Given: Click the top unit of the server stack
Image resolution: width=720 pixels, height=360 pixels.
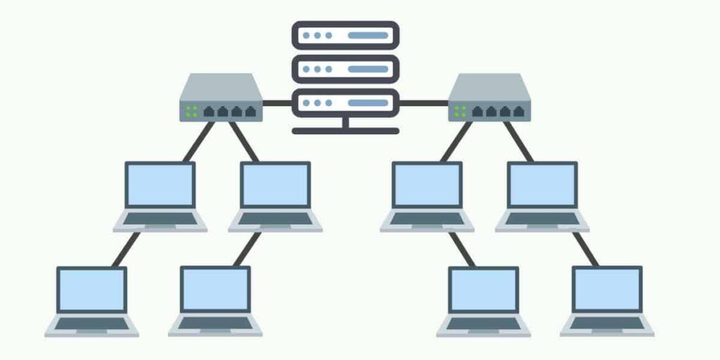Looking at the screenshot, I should pyautogui.click(x=345, y=34).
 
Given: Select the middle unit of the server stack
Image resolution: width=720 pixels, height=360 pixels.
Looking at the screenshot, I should pyautogui.click(x=345, y=69).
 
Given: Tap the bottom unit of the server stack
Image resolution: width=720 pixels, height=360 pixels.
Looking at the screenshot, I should pyautogui.click(x=345, y=103).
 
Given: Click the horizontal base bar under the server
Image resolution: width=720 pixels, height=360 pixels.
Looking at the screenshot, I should pyautogui.click(x=345, y=131).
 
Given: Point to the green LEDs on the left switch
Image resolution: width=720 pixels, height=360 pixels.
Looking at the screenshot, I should pyautogui.click(x=191, y=111).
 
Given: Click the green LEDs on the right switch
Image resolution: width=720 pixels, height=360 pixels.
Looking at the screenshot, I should pyautogui.click(x=460, y=111).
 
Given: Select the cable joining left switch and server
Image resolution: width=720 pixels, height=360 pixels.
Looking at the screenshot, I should pyautogui.click(x=277, y=103).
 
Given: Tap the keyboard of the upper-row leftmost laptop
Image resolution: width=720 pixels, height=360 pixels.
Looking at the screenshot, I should pyautogui.click(x=160, y=219).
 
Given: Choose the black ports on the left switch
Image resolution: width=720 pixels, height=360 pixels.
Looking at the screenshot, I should pyautogui.click(x=227, y=111).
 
